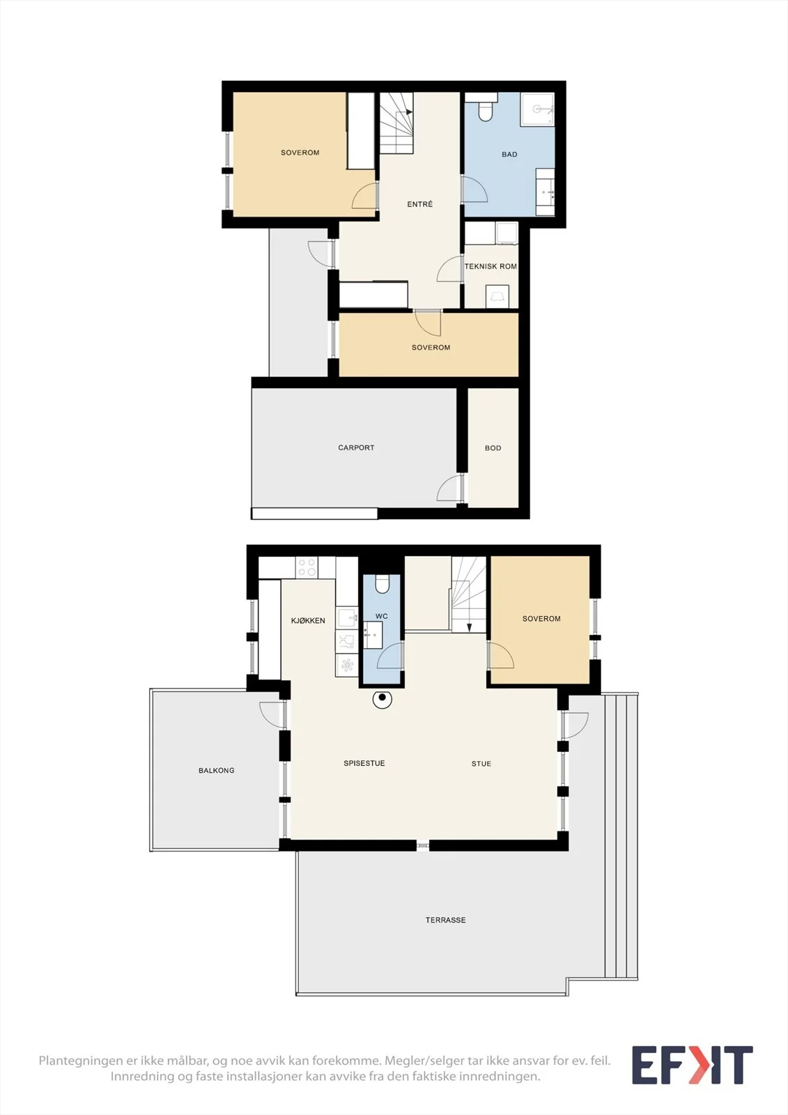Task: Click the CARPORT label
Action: click(x=356, y=447)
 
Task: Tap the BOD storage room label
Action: click(x=493, y=448)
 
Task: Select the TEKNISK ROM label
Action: click(x=490, y=266)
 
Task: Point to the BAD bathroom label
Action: click(x=509, y=154)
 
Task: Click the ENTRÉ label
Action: click(x=419, y=204)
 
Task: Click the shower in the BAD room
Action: click(x=537, y=109)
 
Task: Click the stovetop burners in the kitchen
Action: click(x=307, y=567)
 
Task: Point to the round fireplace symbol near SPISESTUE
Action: click(x=383, y=699)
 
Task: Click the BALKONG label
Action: click(x=216, y=771)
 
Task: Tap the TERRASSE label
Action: click(x=445, y=921)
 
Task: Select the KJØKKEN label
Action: click(x=308, y=620)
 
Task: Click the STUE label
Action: click(x=481, y=764)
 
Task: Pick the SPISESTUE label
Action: click(x=364, y=763)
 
